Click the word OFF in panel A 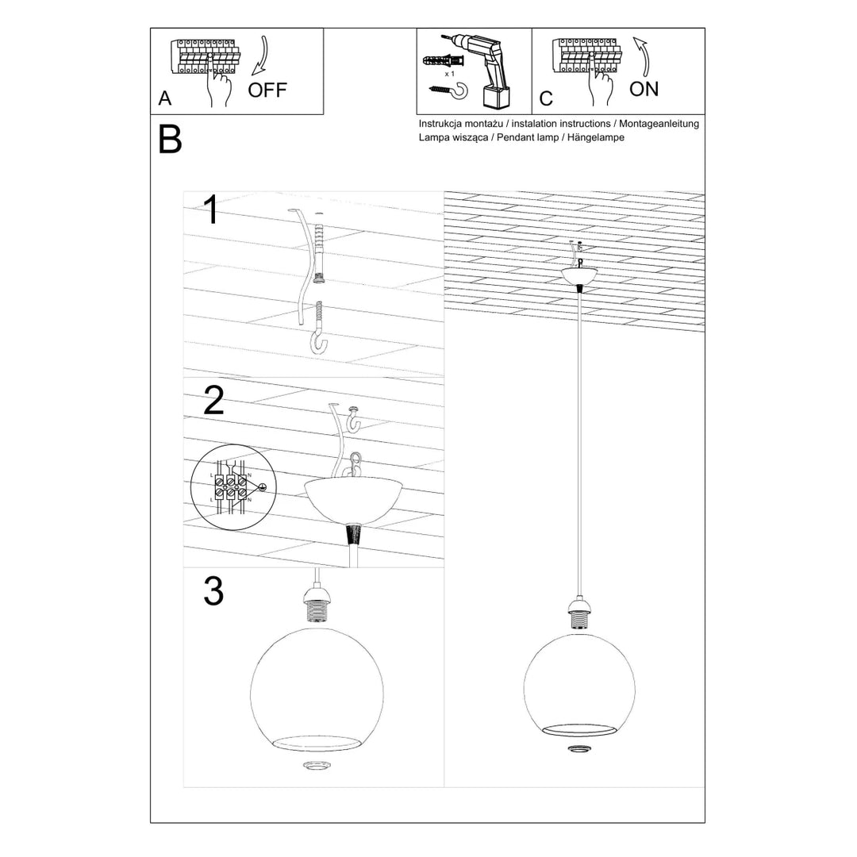267,90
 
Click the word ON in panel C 644,89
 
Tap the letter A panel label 165,98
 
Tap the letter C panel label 546,99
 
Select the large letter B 170,140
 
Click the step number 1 210,210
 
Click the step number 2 213,401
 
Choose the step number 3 213,592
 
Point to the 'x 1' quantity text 449,73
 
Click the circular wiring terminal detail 231,487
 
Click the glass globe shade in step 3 317,687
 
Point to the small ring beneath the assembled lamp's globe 578,748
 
